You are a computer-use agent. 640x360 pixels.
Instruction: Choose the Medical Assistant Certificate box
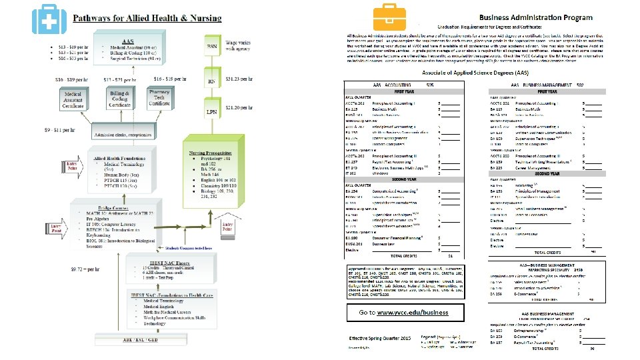tap(73, 100)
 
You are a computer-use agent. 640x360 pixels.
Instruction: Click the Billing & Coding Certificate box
tap(120, 100)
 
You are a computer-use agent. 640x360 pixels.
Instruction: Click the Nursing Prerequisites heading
tap(212, 153)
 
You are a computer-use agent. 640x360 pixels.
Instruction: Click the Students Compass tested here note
tap(184, 246)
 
